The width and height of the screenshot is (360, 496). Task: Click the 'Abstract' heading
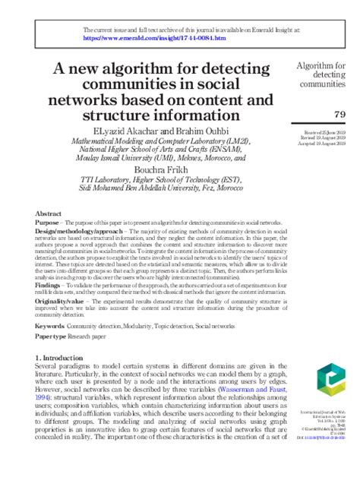click(x=49, y=215)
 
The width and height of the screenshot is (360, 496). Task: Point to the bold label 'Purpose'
click(x=49, y=223)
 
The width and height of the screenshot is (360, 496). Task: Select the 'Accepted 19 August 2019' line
click(x=324, y=144)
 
